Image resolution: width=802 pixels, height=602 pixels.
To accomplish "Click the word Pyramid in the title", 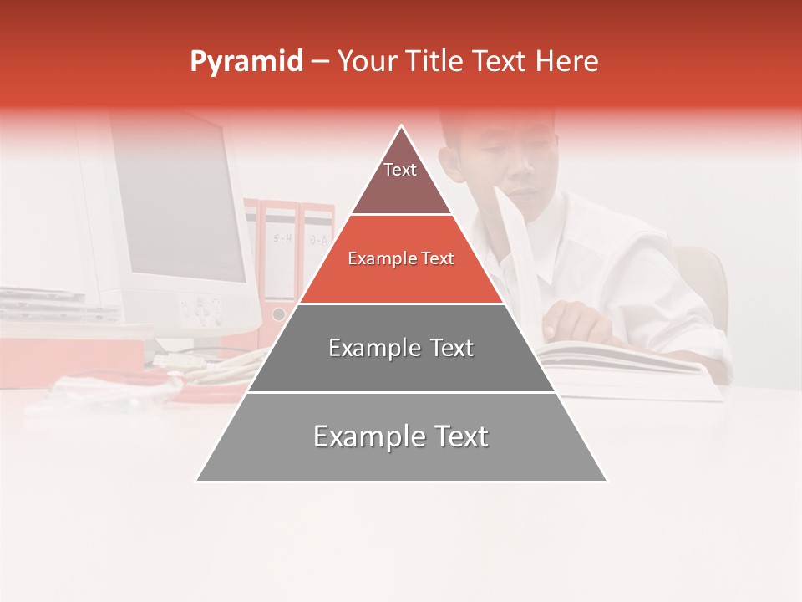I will click(246, 62).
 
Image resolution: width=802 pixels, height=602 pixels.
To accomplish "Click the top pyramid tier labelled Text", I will click(400, 176).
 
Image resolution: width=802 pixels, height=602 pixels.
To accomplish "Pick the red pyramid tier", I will click(401, 259).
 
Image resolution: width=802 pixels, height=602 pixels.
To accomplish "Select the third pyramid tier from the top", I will click(401, 348).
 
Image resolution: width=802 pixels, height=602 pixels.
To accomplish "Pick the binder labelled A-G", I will click(317, 242).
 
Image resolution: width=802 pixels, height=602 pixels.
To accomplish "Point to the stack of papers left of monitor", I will click(50, 305).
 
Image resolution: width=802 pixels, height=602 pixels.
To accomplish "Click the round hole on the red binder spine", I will click(278, 314).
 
